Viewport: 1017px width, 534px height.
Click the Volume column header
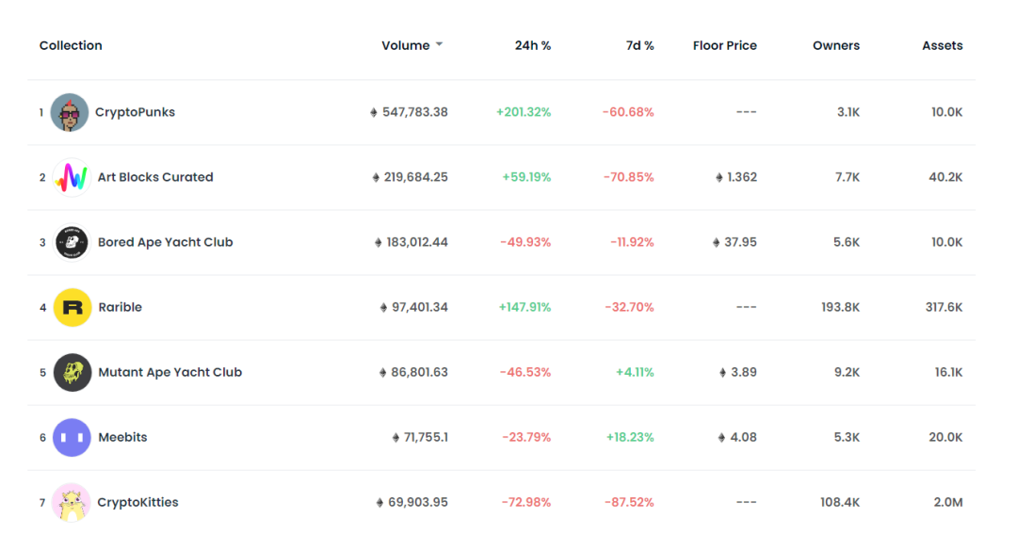coord(405,45)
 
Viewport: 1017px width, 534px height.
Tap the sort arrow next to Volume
coord(439,44)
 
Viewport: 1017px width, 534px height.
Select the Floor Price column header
coord(724,45)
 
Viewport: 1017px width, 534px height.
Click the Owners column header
coord(836,45)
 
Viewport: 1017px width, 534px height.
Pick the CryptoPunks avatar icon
coord(70,112)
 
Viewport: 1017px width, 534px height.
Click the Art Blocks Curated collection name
coord(155,177)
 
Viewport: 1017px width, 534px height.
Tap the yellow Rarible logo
coord(72,307)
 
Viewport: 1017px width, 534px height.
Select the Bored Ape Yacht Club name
coord(166,242)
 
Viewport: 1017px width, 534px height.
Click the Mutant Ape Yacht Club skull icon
coord(72,372)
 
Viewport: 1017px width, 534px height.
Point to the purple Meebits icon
coord(72,437)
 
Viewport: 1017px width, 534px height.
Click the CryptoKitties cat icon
coord(72,502)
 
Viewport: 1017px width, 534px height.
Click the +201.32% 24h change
coord(524,112)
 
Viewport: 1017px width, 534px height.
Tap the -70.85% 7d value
coord(628,177)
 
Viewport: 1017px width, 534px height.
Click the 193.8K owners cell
coord(841,307)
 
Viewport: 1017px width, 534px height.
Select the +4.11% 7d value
coord(635,372)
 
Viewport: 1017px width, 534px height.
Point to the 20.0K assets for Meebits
coord(945,437)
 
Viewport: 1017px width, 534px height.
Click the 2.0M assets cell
coord(948,502)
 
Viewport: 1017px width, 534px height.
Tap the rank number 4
coord(42,308)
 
